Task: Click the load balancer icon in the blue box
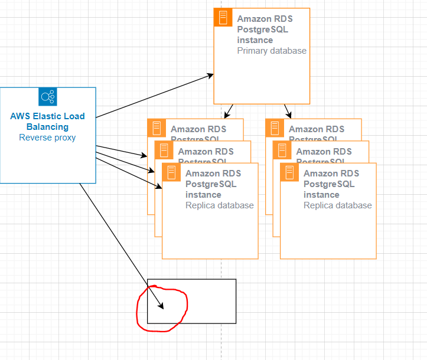[x=47, y=97]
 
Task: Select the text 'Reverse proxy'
[x=47, y=138]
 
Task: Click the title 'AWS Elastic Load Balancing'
[x=47, y=121]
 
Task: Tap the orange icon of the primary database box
[x=223, y=18]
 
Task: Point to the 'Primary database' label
[x=272, y=51]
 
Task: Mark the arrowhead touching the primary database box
[x=210, y=76]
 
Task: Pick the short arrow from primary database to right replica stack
[x=288, y=112]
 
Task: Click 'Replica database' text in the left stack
[x=219, y=205]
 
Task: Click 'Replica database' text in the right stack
[x=337, y=205]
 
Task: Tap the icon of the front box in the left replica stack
[x=171, y=172]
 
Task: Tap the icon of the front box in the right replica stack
[x=289, y=172]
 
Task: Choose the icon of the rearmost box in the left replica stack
[x=157, y=127]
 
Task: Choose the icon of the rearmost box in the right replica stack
[x=275, y=127]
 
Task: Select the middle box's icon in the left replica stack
[x=164, y=150]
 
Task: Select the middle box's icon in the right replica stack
[x=282, y=150]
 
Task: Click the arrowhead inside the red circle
[x=161, y=306]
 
